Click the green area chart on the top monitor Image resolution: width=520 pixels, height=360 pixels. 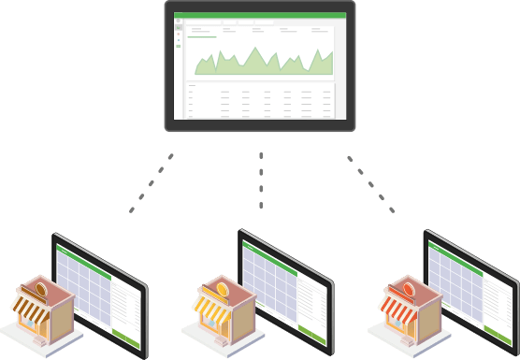click(x=263, y=62)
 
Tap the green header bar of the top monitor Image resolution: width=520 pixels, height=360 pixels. click(x=260, y=16)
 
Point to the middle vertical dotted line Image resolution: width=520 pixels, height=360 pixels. click(x=261, y=178)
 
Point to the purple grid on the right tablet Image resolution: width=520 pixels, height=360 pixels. click(x=457, y=281)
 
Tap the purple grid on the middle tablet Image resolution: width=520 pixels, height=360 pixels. click(x=271, y=281)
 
